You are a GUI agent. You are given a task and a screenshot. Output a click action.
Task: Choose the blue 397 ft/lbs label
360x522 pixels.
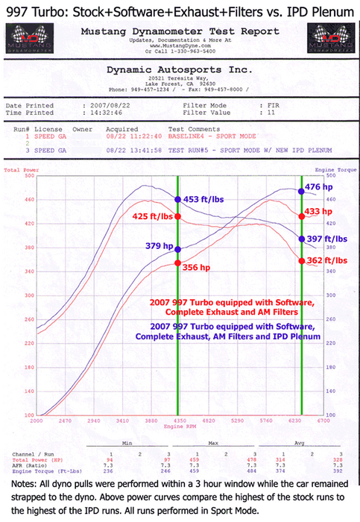pos(329,239)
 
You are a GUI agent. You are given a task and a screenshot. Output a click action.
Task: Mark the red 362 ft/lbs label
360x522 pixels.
pos(329,260)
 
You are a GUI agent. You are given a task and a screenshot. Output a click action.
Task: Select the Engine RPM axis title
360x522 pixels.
pos(177,427)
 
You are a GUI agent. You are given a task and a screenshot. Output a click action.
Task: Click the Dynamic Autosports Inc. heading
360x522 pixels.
pos(180,69)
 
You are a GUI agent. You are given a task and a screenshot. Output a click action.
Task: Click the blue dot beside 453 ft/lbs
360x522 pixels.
pos(177,178)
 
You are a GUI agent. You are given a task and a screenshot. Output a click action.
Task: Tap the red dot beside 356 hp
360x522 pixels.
pos(177,262)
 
